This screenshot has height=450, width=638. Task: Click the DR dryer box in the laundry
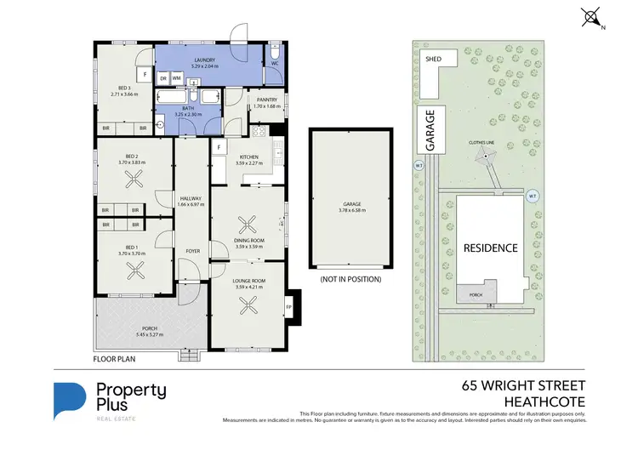pos(163,77)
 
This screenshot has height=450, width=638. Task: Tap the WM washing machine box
pos(177,77)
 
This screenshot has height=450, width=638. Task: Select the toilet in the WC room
pos(275,49)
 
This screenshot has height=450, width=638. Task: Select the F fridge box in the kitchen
pos(219,148)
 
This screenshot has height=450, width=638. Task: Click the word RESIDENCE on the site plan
pos(490,248)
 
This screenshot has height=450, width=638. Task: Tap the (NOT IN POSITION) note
pos(350,279)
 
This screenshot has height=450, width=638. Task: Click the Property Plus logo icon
pos(71,402)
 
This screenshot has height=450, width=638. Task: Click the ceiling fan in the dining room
pos(248,225)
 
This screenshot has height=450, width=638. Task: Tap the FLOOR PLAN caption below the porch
pos(114,360)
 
